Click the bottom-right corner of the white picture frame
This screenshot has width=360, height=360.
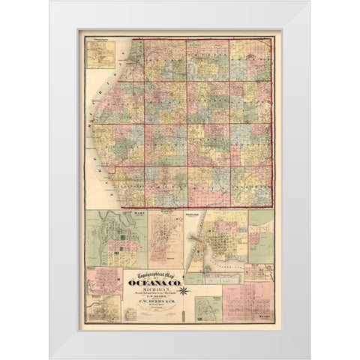pyautogui.click(x=308, y=358)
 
